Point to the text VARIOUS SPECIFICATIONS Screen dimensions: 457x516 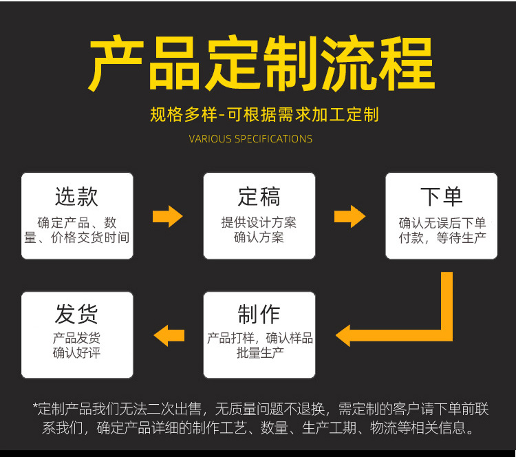tap(250, 138)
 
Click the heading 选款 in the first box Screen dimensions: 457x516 tap(76, 196)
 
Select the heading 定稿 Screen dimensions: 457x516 tap(259, 196)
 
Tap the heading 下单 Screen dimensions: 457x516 tap(441, 196)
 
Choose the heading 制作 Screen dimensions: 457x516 tap(259, 315)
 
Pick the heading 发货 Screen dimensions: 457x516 tap(76, 315)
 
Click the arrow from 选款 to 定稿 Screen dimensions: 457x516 tap(167, 216)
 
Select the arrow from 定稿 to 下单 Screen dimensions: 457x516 tap(350, 216)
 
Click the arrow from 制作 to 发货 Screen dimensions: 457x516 tap(169, 335)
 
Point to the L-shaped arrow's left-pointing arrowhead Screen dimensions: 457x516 tap(344, 335)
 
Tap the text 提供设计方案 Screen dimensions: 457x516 tap(259, 222)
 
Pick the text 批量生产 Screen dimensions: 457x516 tap(259, 353)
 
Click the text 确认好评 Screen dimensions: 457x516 tap(76, 353)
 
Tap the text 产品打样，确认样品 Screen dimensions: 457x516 tap(259, 338)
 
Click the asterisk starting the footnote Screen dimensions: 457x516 tap(36, 407)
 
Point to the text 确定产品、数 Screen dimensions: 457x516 tap(77, 223)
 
